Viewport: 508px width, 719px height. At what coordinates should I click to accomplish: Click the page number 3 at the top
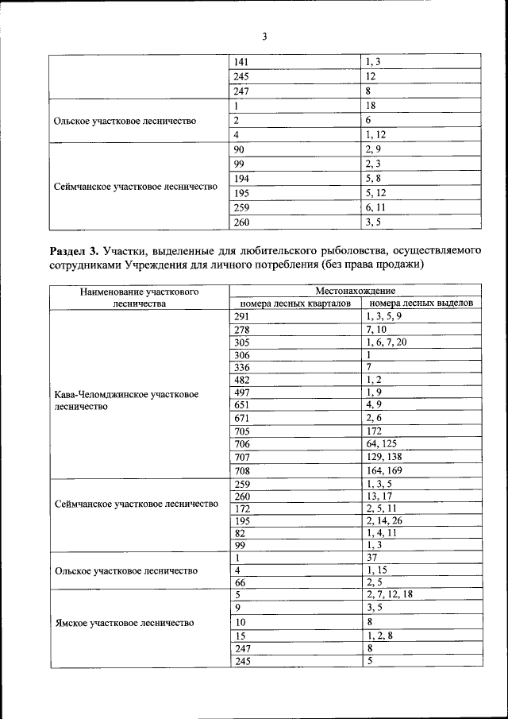tap(264, 37)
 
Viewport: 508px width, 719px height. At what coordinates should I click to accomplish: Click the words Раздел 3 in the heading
tap(76, 251)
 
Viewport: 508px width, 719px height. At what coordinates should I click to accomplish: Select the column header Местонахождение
tap(355, 292)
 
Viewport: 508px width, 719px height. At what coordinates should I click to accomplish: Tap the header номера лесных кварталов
tap(295, 303)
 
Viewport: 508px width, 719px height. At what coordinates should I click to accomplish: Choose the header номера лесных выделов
tap(421, 303)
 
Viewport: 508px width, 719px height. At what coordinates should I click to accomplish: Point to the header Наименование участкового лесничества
tap(139, 298)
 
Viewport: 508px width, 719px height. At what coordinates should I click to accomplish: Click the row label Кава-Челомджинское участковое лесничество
tap(126, 400)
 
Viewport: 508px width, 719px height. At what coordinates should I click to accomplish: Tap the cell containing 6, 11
tap(376, 207)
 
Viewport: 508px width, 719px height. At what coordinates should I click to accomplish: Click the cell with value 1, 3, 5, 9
tap(384, 316)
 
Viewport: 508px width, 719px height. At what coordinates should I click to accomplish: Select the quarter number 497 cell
tap(241, 392)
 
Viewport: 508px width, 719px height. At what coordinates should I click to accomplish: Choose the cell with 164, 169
tap(384, 470)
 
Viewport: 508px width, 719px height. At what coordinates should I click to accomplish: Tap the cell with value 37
tap(371, 558)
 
